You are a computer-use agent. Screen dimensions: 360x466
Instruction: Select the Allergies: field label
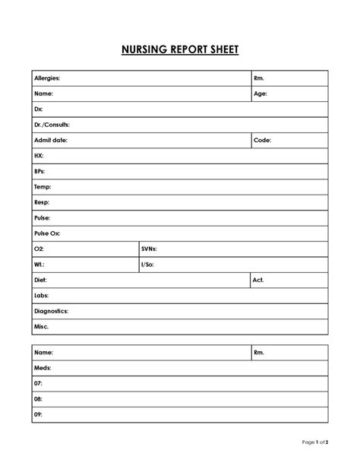[x=47, y=78]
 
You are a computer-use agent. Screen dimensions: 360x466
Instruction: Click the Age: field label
[x=261, y=94]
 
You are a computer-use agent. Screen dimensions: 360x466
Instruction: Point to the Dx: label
[x=39, y=109]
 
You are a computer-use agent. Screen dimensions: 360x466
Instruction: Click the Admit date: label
[x=49, y=141]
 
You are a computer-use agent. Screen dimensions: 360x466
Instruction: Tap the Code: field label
[x=262, y=141]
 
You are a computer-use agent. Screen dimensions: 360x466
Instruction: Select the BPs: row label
[x=40, y=172]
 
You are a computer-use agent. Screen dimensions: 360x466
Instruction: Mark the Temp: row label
[x=43, y=187]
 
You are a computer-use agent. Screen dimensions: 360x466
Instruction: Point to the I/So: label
[x=148, y=265]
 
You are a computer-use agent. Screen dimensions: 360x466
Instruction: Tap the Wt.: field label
[x=39, y=265]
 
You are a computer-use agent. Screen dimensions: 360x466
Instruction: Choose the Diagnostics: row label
[x=52, y=311]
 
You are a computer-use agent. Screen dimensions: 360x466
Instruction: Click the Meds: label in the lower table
[x=43, y=368]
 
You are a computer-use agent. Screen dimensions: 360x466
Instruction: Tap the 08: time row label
[x=38, y=399]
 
